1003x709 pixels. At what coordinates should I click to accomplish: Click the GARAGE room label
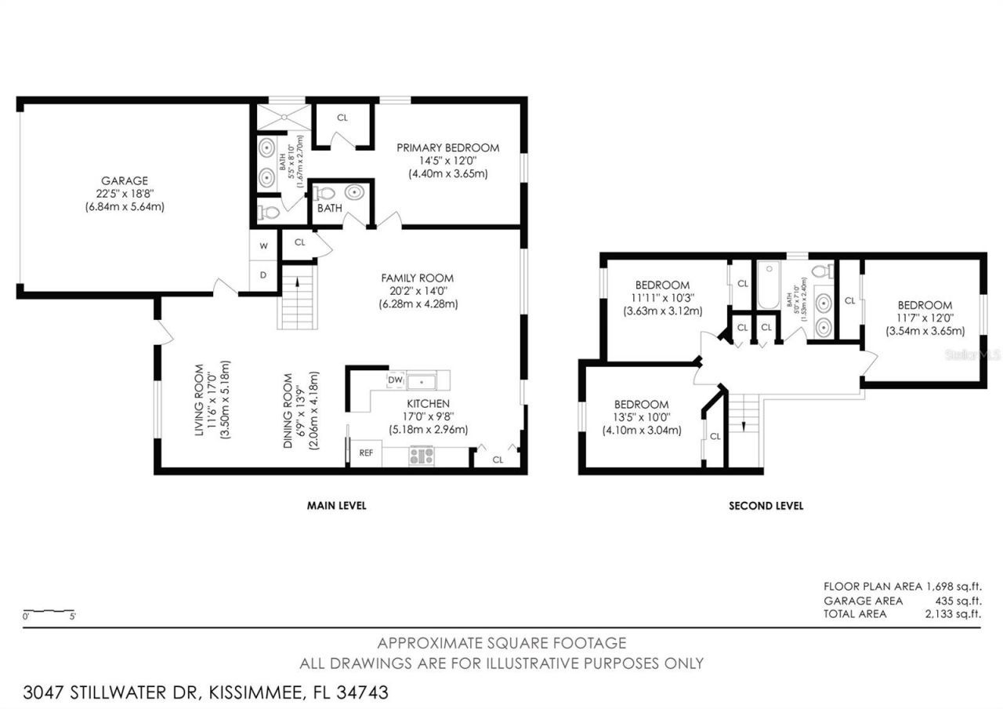124,180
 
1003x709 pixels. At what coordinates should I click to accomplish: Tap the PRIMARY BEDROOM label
447,147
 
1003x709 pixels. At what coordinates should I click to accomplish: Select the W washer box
263,245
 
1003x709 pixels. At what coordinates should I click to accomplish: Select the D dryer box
263,275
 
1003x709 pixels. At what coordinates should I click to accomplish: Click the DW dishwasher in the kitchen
395,380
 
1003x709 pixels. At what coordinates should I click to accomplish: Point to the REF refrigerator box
366,453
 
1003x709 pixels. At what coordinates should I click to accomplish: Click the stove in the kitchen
421,456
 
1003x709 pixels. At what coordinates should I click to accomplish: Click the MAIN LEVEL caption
336,506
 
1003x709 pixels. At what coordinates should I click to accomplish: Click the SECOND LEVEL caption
766,506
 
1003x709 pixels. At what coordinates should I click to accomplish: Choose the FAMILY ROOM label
417,278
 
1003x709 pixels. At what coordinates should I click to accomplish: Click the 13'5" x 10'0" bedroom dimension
641,417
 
